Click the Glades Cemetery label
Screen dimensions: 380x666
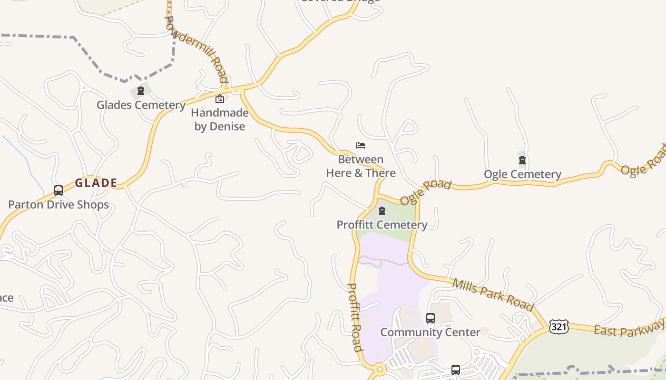[x=141, y=105]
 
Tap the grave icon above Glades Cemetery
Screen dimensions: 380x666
[x=141, y=91]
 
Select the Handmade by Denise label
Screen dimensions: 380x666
[x=219, y=120]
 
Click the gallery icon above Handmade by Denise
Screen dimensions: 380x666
[x=220, y=99]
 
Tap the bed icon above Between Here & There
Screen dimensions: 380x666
[x=361, y=145]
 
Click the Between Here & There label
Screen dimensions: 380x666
[x=361, y=166]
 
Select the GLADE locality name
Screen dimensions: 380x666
[x=96, y=183]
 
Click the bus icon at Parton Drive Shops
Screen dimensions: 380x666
[x=59, y=190]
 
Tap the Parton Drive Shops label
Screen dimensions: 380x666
[x=59, y=205]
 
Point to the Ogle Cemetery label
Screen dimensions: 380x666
[x=522, y=174]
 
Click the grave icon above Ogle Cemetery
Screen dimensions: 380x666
[x=522, y=160]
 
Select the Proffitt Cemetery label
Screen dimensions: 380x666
[x=382, y=225]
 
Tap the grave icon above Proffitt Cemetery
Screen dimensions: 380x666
[x=382, y=211]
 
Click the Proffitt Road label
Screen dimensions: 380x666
[x=355, y=317]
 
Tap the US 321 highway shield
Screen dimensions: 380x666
[x=558, y=326]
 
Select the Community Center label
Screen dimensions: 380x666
[x=430, y=332]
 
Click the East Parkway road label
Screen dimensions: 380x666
[x=628, y=328]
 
